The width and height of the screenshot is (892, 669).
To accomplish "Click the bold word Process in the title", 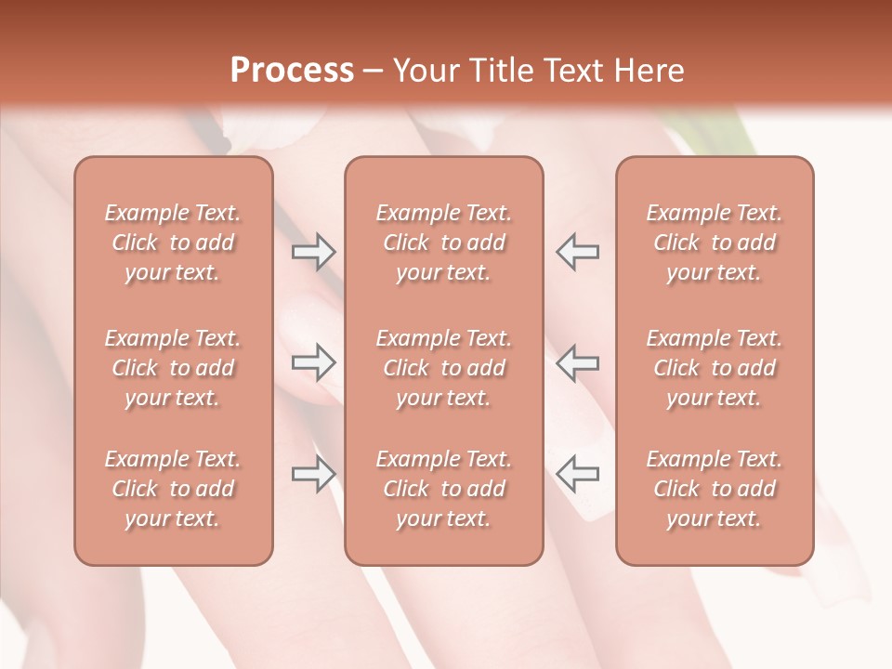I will click(x=292, y=71).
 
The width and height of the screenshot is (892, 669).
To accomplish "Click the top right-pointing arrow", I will click(x=313, y=251).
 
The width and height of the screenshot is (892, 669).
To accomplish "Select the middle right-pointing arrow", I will click(x=313, y=362).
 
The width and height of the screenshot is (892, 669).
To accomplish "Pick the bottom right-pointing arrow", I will click(x=313, y=473).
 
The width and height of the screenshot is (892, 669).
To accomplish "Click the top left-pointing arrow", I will click(x=577, y=251).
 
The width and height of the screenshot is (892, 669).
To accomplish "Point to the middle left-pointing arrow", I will click(x=577, y=362).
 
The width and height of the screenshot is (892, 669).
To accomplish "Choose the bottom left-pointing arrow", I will click(x=577, y=473).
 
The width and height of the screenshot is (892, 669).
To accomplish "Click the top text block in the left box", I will click(x=173, y=243).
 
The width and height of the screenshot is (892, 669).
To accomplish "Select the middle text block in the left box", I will click(x=173, y=368).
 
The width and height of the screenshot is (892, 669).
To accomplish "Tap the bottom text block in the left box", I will click(x=173, y=489).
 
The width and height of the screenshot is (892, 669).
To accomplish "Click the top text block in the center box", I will click(x=444, y=243).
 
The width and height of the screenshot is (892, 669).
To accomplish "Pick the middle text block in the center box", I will click(x=444, y=368).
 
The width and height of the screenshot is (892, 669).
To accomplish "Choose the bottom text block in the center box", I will click(x=444, y=489).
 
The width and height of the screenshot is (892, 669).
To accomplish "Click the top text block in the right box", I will click(x=715, y=243).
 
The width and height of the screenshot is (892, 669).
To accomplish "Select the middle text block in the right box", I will click(x=715, y=368).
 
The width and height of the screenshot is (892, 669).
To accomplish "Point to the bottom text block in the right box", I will click(x=715, y=489).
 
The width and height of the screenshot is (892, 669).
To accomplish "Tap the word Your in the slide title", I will click(x=423, y=71).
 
